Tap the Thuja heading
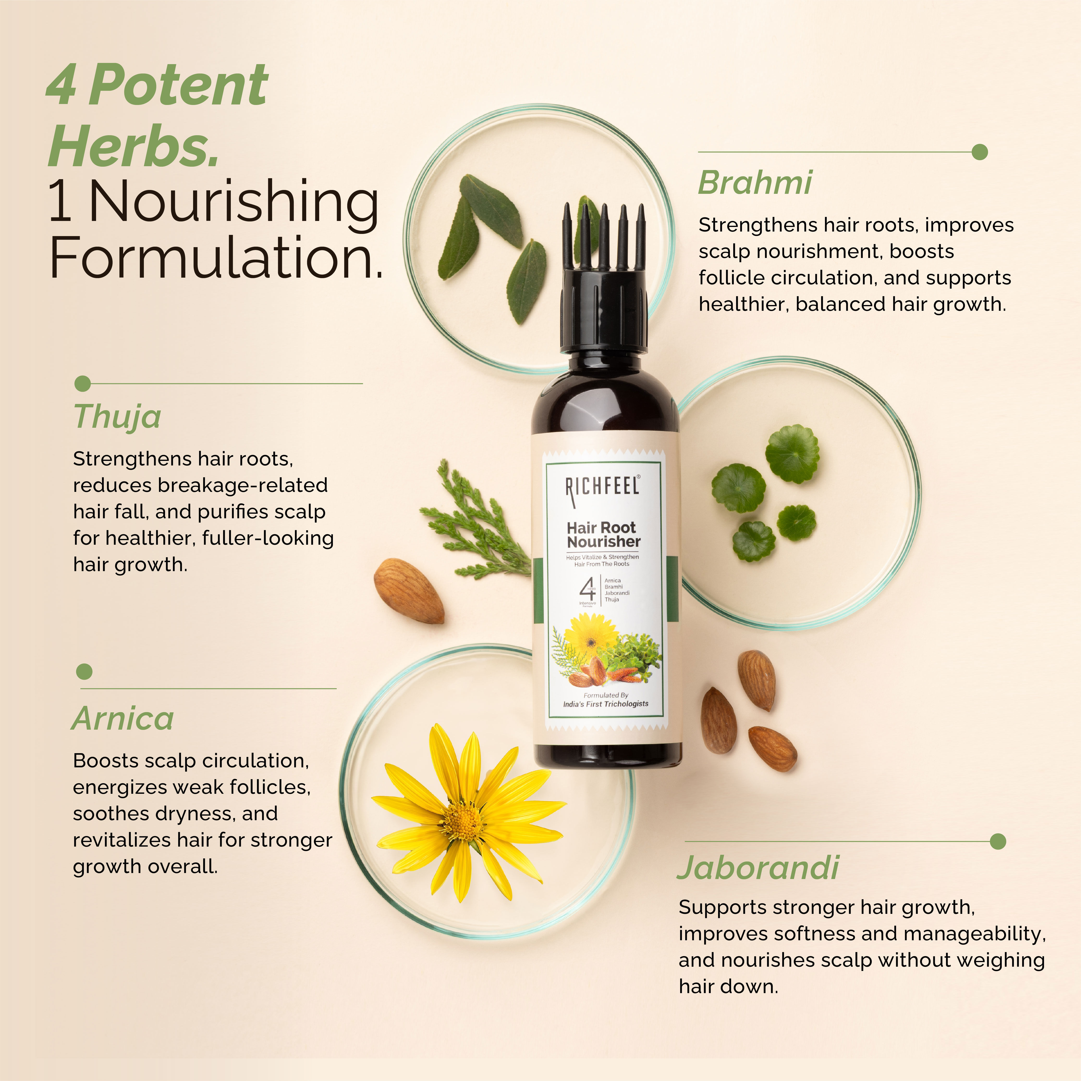(x=117, y=417)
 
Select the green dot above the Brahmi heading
(x=980, y=152)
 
